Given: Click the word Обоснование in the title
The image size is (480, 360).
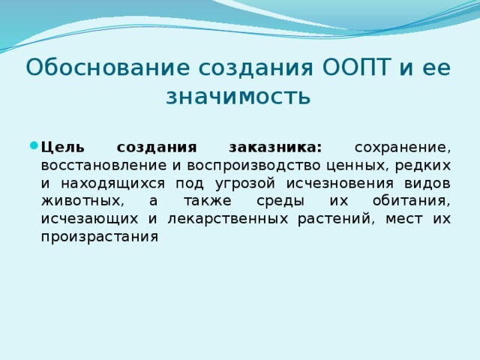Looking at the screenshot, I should pyautogui.click(x=106, y=67).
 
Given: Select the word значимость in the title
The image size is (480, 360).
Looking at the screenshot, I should pyautogui.click(x=238, y=97).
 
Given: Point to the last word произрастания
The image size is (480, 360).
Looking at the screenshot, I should pyautogui.click(x=100, y=237).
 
